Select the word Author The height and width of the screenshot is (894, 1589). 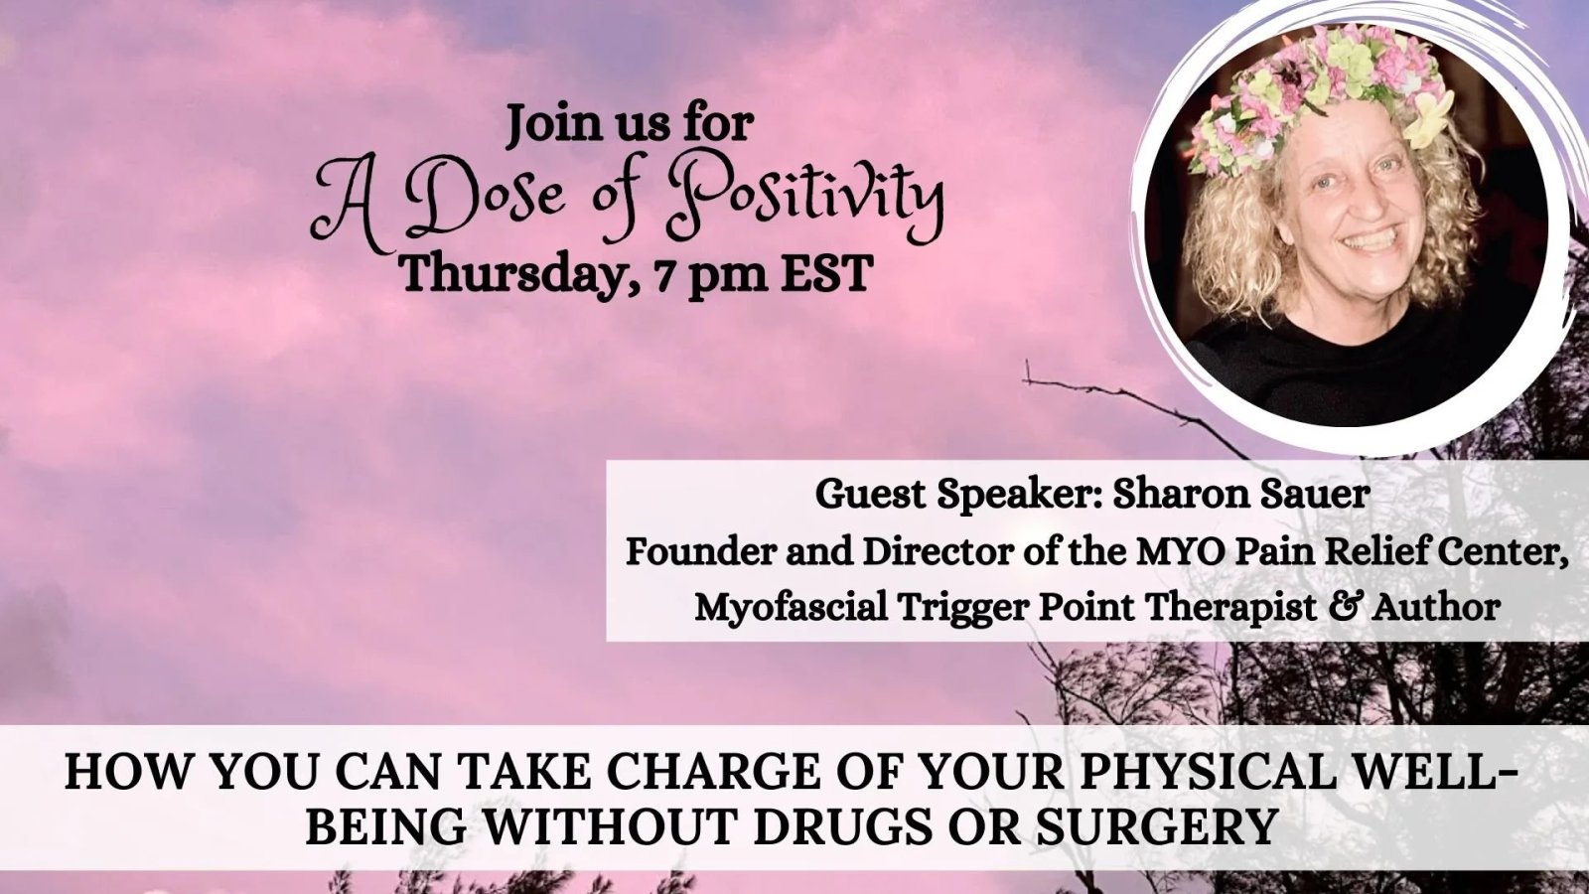[x=1436, y=607]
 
